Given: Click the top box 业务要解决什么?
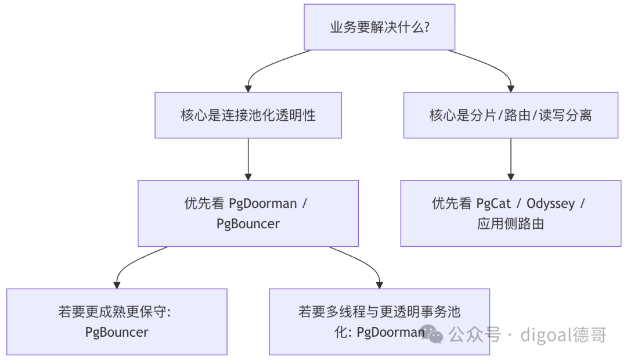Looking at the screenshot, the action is point(380,27).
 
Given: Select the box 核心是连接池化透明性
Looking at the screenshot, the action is point(248,115).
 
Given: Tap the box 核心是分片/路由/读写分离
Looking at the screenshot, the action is point(511,115).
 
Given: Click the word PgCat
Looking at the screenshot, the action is point(493,204).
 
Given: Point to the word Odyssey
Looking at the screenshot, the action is point(550,204).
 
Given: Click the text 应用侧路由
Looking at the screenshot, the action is point(511,224).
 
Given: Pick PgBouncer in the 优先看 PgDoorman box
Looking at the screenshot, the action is point(248,224).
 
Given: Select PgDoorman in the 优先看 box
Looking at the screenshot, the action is point(263,204).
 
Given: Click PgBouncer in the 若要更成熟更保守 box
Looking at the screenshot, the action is point(117,332).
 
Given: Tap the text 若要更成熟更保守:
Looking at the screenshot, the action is point(115,312).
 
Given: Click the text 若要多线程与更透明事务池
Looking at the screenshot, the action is point(380,312).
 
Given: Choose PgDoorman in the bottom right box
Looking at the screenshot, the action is point(391,332).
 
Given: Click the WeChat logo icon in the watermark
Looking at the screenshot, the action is point(432,334).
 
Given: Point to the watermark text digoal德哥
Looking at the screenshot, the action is point(563,335).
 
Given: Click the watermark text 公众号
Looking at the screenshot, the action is point(475,334).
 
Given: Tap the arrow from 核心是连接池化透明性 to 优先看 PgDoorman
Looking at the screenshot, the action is point(248,159).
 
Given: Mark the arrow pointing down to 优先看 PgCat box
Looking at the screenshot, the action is point(511,159).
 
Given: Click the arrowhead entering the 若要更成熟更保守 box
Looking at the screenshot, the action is point(117,285).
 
